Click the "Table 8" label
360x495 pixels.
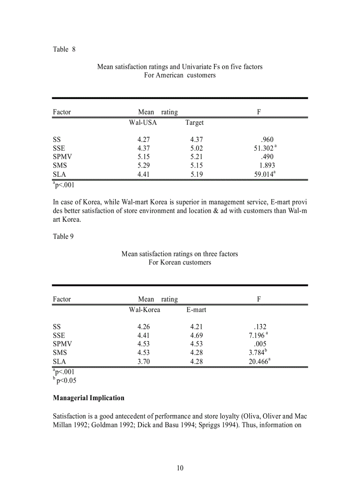pos(64,49)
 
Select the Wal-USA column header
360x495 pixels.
pos(142,122)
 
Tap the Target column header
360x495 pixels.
pos(194,122)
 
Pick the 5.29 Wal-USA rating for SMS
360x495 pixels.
pos(144,166)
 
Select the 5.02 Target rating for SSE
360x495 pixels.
pos(197,149)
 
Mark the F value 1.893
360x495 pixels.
pos(267,166)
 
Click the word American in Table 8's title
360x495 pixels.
pos(169,75)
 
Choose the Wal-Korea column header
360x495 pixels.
pos(144,309)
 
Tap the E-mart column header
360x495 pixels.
pos(196,309)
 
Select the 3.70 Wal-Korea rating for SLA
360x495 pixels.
pos(144,361)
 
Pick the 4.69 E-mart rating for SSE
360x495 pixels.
pos(197,335)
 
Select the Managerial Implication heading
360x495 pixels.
pos(88,398)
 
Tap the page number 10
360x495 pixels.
pos(180,468)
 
